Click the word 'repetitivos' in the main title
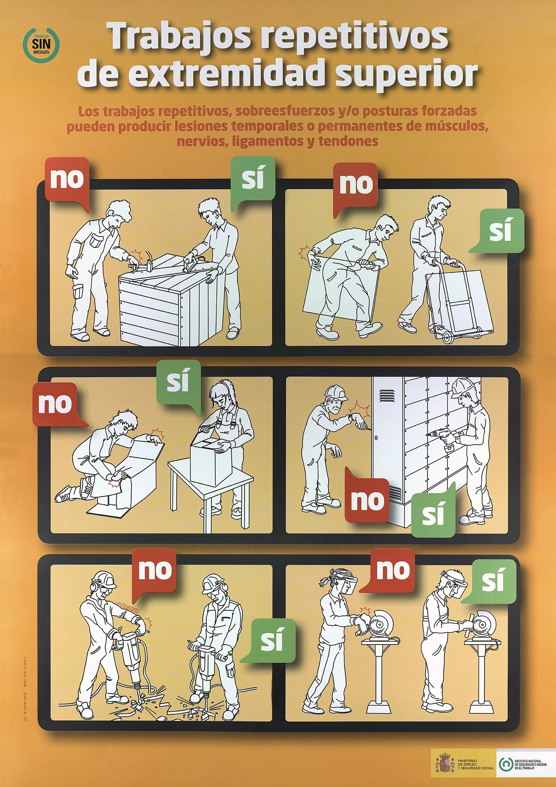(x=355, y=37)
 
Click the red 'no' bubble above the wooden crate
(x=67, y=179)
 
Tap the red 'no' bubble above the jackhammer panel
(x=155, y=570)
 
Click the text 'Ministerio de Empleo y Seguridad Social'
(x=475, y=764)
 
